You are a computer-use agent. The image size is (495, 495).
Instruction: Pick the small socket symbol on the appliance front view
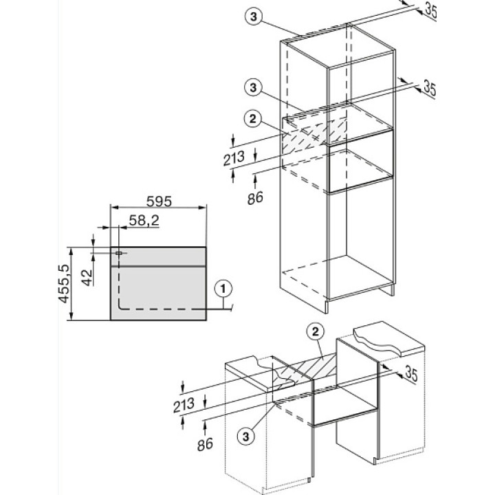[119, 253]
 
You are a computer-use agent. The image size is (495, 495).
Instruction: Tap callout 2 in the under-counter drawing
[316, 333]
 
